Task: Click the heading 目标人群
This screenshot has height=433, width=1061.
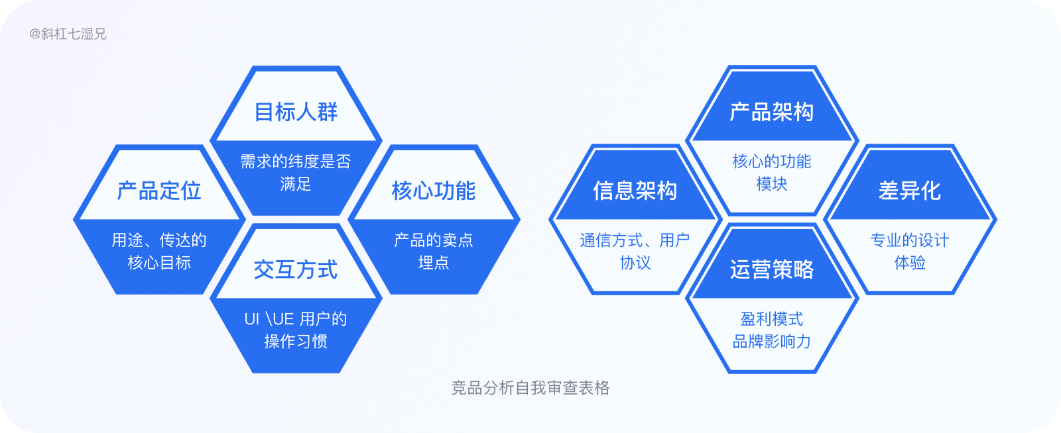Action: coord(296,112)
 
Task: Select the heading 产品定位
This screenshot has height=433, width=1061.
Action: coord(159,191)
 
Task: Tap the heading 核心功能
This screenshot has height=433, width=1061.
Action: coord(434,191)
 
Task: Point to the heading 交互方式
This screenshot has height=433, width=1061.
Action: coord(296,269)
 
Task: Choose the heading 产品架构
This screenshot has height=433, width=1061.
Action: coord(772,112)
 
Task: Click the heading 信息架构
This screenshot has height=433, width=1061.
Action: coord(635,191)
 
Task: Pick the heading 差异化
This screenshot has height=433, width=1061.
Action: coord(910,191)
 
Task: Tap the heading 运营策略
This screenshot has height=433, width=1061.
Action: coord(772,269)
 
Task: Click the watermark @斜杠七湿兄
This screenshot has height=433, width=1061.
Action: coord(68,34)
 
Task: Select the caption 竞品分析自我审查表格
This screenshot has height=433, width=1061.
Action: coord(530,388)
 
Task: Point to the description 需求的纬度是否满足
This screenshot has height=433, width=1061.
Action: coord(296,172)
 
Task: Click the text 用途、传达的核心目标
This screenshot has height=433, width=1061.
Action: coord(159,251)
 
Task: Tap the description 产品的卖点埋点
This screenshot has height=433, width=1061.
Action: coord(434,251)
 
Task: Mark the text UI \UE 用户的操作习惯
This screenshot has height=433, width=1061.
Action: coord(296,330)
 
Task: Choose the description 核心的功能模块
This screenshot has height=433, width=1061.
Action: coord(772,172)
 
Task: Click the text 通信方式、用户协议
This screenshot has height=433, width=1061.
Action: coord(635,251)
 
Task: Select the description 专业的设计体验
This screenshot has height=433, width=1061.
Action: coord(910,251)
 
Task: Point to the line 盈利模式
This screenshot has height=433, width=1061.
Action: coord(772,319)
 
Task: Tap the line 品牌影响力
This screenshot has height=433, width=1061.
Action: coord(772,342)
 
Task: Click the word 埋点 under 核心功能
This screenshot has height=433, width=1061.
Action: coord(434,263)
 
